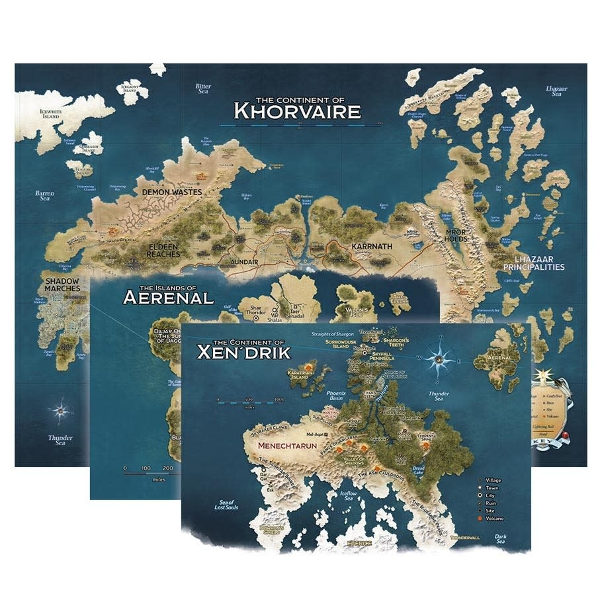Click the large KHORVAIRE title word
click(x=298, y=110)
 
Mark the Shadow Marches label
click(x=63, y=284)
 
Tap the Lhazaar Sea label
click(x=556, y=91)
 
